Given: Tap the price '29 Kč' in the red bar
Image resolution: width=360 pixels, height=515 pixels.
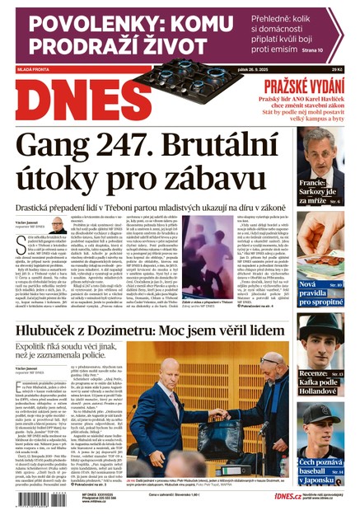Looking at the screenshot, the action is [335, 70].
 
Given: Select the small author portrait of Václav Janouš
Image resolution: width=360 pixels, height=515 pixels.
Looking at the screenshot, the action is [58, 226].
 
